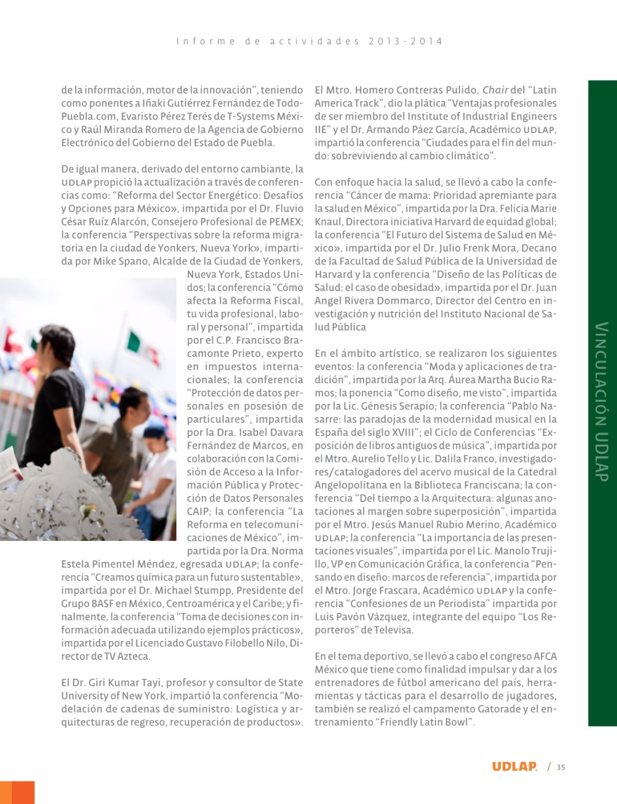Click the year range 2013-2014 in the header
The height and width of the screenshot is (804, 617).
(x=405, y=41)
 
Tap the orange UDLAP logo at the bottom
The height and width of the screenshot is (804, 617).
(x=514, y=766)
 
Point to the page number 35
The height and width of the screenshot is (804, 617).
(x=561, y=767)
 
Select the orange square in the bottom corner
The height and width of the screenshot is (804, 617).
(x=17, y=792)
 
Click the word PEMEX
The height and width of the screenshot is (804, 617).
(x=286, y=221)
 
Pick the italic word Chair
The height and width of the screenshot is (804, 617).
(x=495, y=90)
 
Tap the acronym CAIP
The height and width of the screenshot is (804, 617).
(x=198, y=511)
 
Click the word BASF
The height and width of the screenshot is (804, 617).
(x=103, y=603)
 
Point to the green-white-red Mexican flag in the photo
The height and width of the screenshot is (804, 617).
(x=135, y=342)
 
